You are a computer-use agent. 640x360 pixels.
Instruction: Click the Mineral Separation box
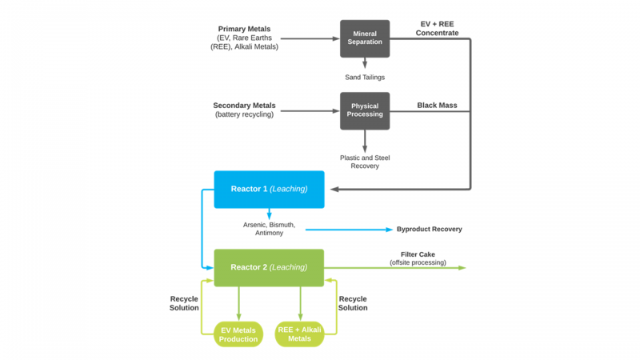click(x=365, y=38)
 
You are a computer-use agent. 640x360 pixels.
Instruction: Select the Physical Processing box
click(x=365, y=110)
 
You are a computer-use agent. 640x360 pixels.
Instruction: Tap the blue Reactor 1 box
click(x=269, y=189)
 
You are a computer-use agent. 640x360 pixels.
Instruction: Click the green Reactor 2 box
click(x=269, y=267)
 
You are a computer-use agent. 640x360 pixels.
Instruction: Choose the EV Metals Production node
click(x=238, y=334)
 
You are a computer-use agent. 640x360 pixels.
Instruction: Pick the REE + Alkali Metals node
click(x=300, y=334)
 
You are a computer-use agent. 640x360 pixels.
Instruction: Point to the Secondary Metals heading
click(x=244, y=106)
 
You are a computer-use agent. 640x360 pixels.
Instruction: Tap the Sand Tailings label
click(x=365, y=78)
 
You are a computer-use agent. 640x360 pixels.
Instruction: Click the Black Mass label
click(x=437, y=106)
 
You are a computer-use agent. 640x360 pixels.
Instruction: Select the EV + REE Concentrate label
click(x=438, y=28)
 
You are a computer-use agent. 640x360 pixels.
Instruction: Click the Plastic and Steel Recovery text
click(x=365, y=162)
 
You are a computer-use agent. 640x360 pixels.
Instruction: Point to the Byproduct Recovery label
click(x=430, y=230)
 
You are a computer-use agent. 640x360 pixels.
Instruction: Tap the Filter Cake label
click(x=418, y=254)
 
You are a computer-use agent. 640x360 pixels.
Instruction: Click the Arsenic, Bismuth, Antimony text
click(x=269, y=229)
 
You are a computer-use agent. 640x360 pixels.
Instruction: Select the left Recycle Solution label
click(x=184, y=303)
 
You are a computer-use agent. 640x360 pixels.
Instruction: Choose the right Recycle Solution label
click(x=353, y=303)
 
